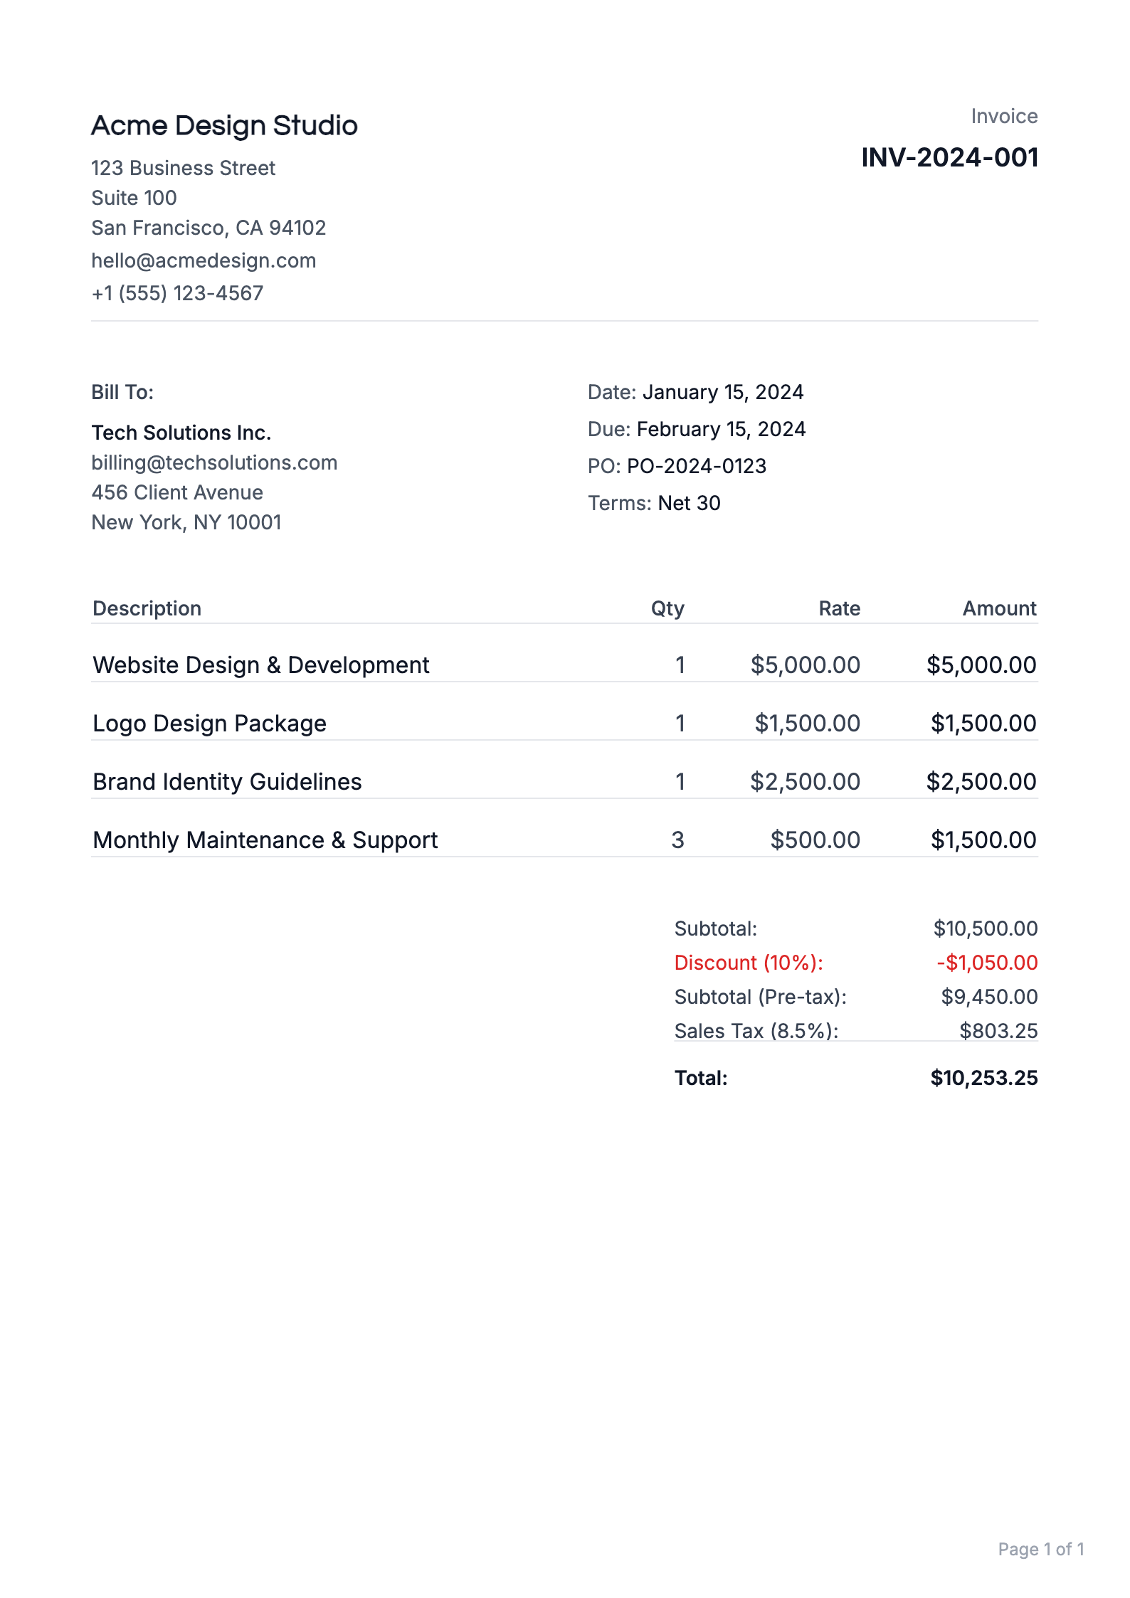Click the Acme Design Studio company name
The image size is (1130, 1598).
224,125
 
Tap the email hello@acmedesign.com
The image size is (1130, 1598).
204,260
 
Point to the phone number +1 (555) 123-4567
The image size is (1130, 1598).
177,293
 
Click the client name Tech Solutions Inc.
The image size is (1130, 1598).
181,433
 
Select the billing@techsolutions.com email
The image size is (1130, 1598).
214,462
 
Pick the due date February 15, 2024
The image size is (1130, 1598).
721,429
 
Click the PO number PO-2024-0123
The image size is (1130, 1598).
696,466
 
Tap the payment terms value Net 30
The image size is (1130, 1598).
689,503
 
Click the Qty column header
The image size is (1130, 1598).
667,608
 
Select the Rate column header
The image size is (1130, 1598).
839,608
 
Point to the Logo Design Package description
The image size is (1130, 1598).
209,724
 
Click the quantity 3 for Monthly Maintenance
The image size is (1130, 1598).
677,840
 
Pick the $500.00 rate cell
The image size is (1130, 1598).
815,840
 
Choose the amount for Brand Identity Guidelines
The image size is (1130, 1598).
981,782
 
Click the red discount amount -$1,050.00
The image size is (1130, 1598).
986,963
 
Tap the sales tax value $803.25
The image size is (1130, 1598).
998,1031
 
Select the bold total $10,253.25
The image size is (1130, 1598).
983,1078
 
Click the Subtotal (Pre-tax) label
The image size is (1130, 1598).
760,997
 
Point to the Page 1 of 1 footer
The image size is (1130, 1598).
1040,1549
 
